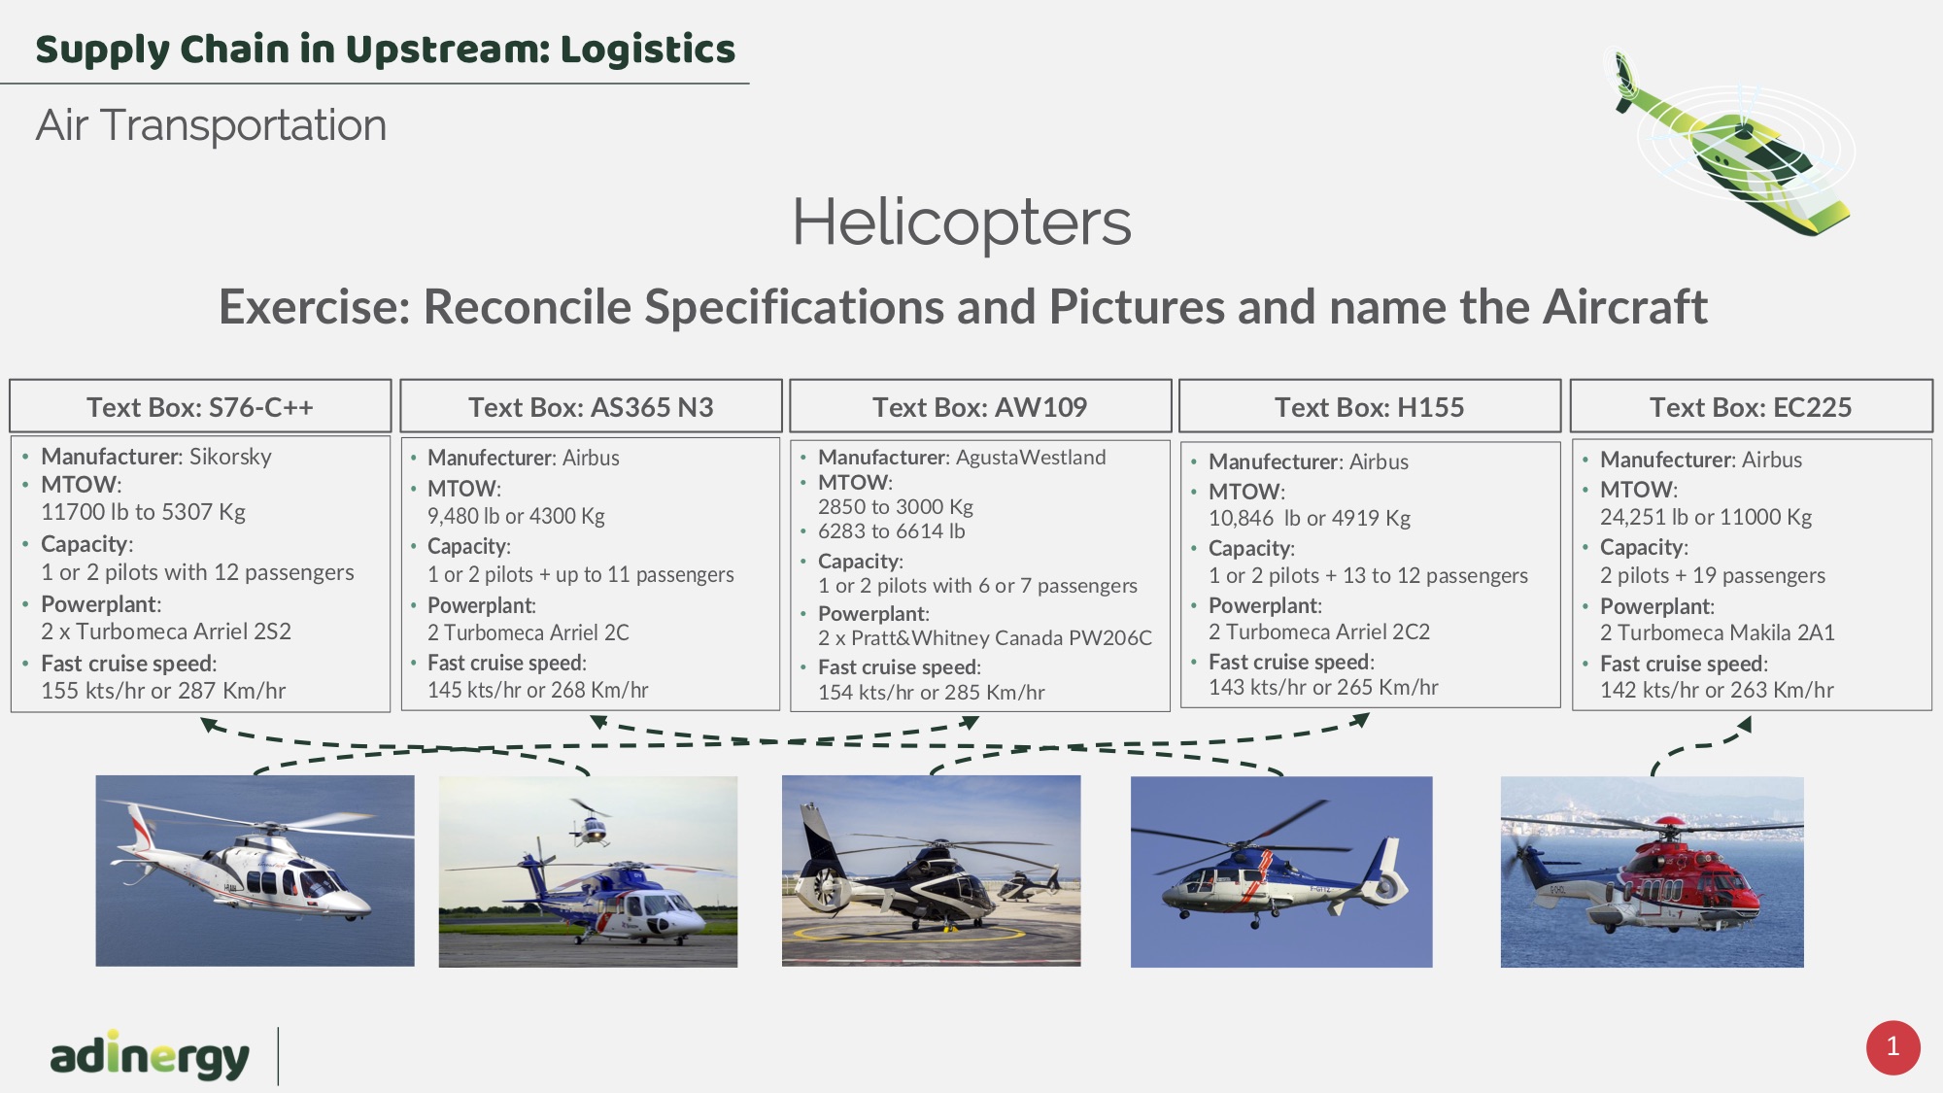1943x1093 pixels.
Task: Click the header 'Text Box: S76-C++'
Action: tap(200, 407)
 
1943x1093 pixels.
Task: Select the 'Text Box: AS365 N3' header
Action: tap(591, 407)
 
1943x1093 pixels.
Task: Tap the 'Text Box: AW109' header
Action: tap(979, 407)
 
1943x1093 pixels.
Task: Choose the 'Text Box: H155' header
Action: tap(1369, 407)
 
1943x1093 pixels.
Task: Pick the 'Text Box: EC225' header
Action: tap(1751, 407)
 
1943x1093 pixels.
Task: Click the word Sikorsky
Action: tap(230, 457)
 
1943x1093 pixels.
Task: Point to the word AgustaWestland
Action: tap(1031, 458)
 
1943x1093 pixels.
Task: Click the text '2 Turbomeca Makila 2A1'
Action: tap(1718, 632)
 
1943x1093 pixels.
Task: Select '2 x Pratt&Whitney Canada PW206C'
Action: tap(985, 638)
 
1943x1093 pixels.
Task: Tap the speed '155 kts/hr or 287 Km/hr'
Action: tap(163, 691)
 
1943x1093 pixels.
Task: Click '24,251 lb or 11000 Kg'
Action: tap(1706, 517)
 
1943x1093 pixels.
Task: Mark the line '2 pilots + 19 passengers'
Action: tap(1713, 575)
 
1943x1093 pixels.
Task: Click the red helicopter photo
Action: tap(1652, 871)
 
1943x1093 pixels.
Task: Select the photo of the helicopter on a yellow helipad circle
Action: tap(931, 871)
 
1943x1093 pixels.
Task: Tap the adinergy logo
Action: tap(150, 1055)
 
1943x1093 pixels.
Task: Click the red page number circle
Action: tap(1892, 1047)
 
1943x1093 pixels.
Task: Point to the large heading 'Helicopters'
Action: tap(962, 222)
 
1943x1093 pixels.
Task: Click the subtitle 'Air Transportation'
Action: tap(211, 125)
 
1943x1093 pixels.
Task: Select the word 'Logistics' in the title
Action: tap(648, 50)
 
